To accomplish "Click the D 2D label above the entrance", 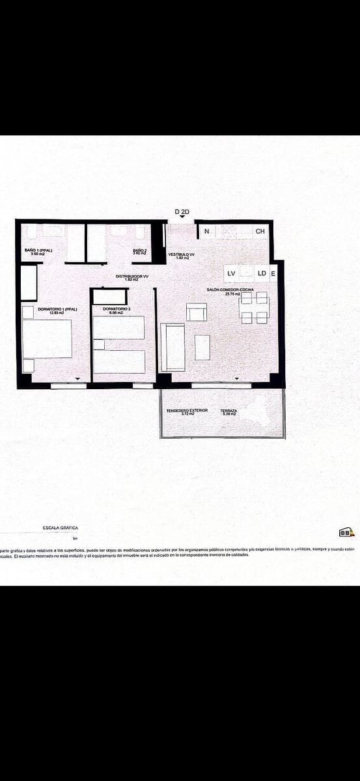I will [x=182, y=212].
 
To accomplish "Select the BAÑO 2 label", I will [x=140, y=251].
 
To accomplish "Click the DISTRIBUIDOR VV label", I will [x=132, y=277].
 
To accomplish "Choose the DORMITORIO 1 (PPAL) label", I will [x=57, y=310].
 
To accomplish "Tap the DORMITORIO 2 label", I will [x=117, y=310].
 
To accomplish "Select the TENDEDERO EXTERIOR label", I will [x=187, y=411].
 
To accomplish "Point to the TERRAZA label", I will [x=228, y=411].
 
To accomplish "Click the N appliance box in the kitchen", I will [x=206, y=231].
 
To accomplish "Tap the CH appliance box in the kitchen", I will [x=260, y=231].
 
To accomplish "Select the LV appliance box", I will [x=231, y=273].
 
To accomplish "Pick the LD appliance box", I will [x=261, y=273].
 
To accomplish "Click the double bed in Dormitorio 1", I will [x=47, y=339].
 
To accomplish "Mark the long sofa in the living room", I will [x=173, y=347].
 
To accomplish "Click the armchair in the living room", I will [x=196, y=312].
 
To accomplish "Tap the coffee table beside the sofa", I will [x=202, y=347].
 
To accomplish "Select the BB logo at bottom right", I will [x=346, y=532].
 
